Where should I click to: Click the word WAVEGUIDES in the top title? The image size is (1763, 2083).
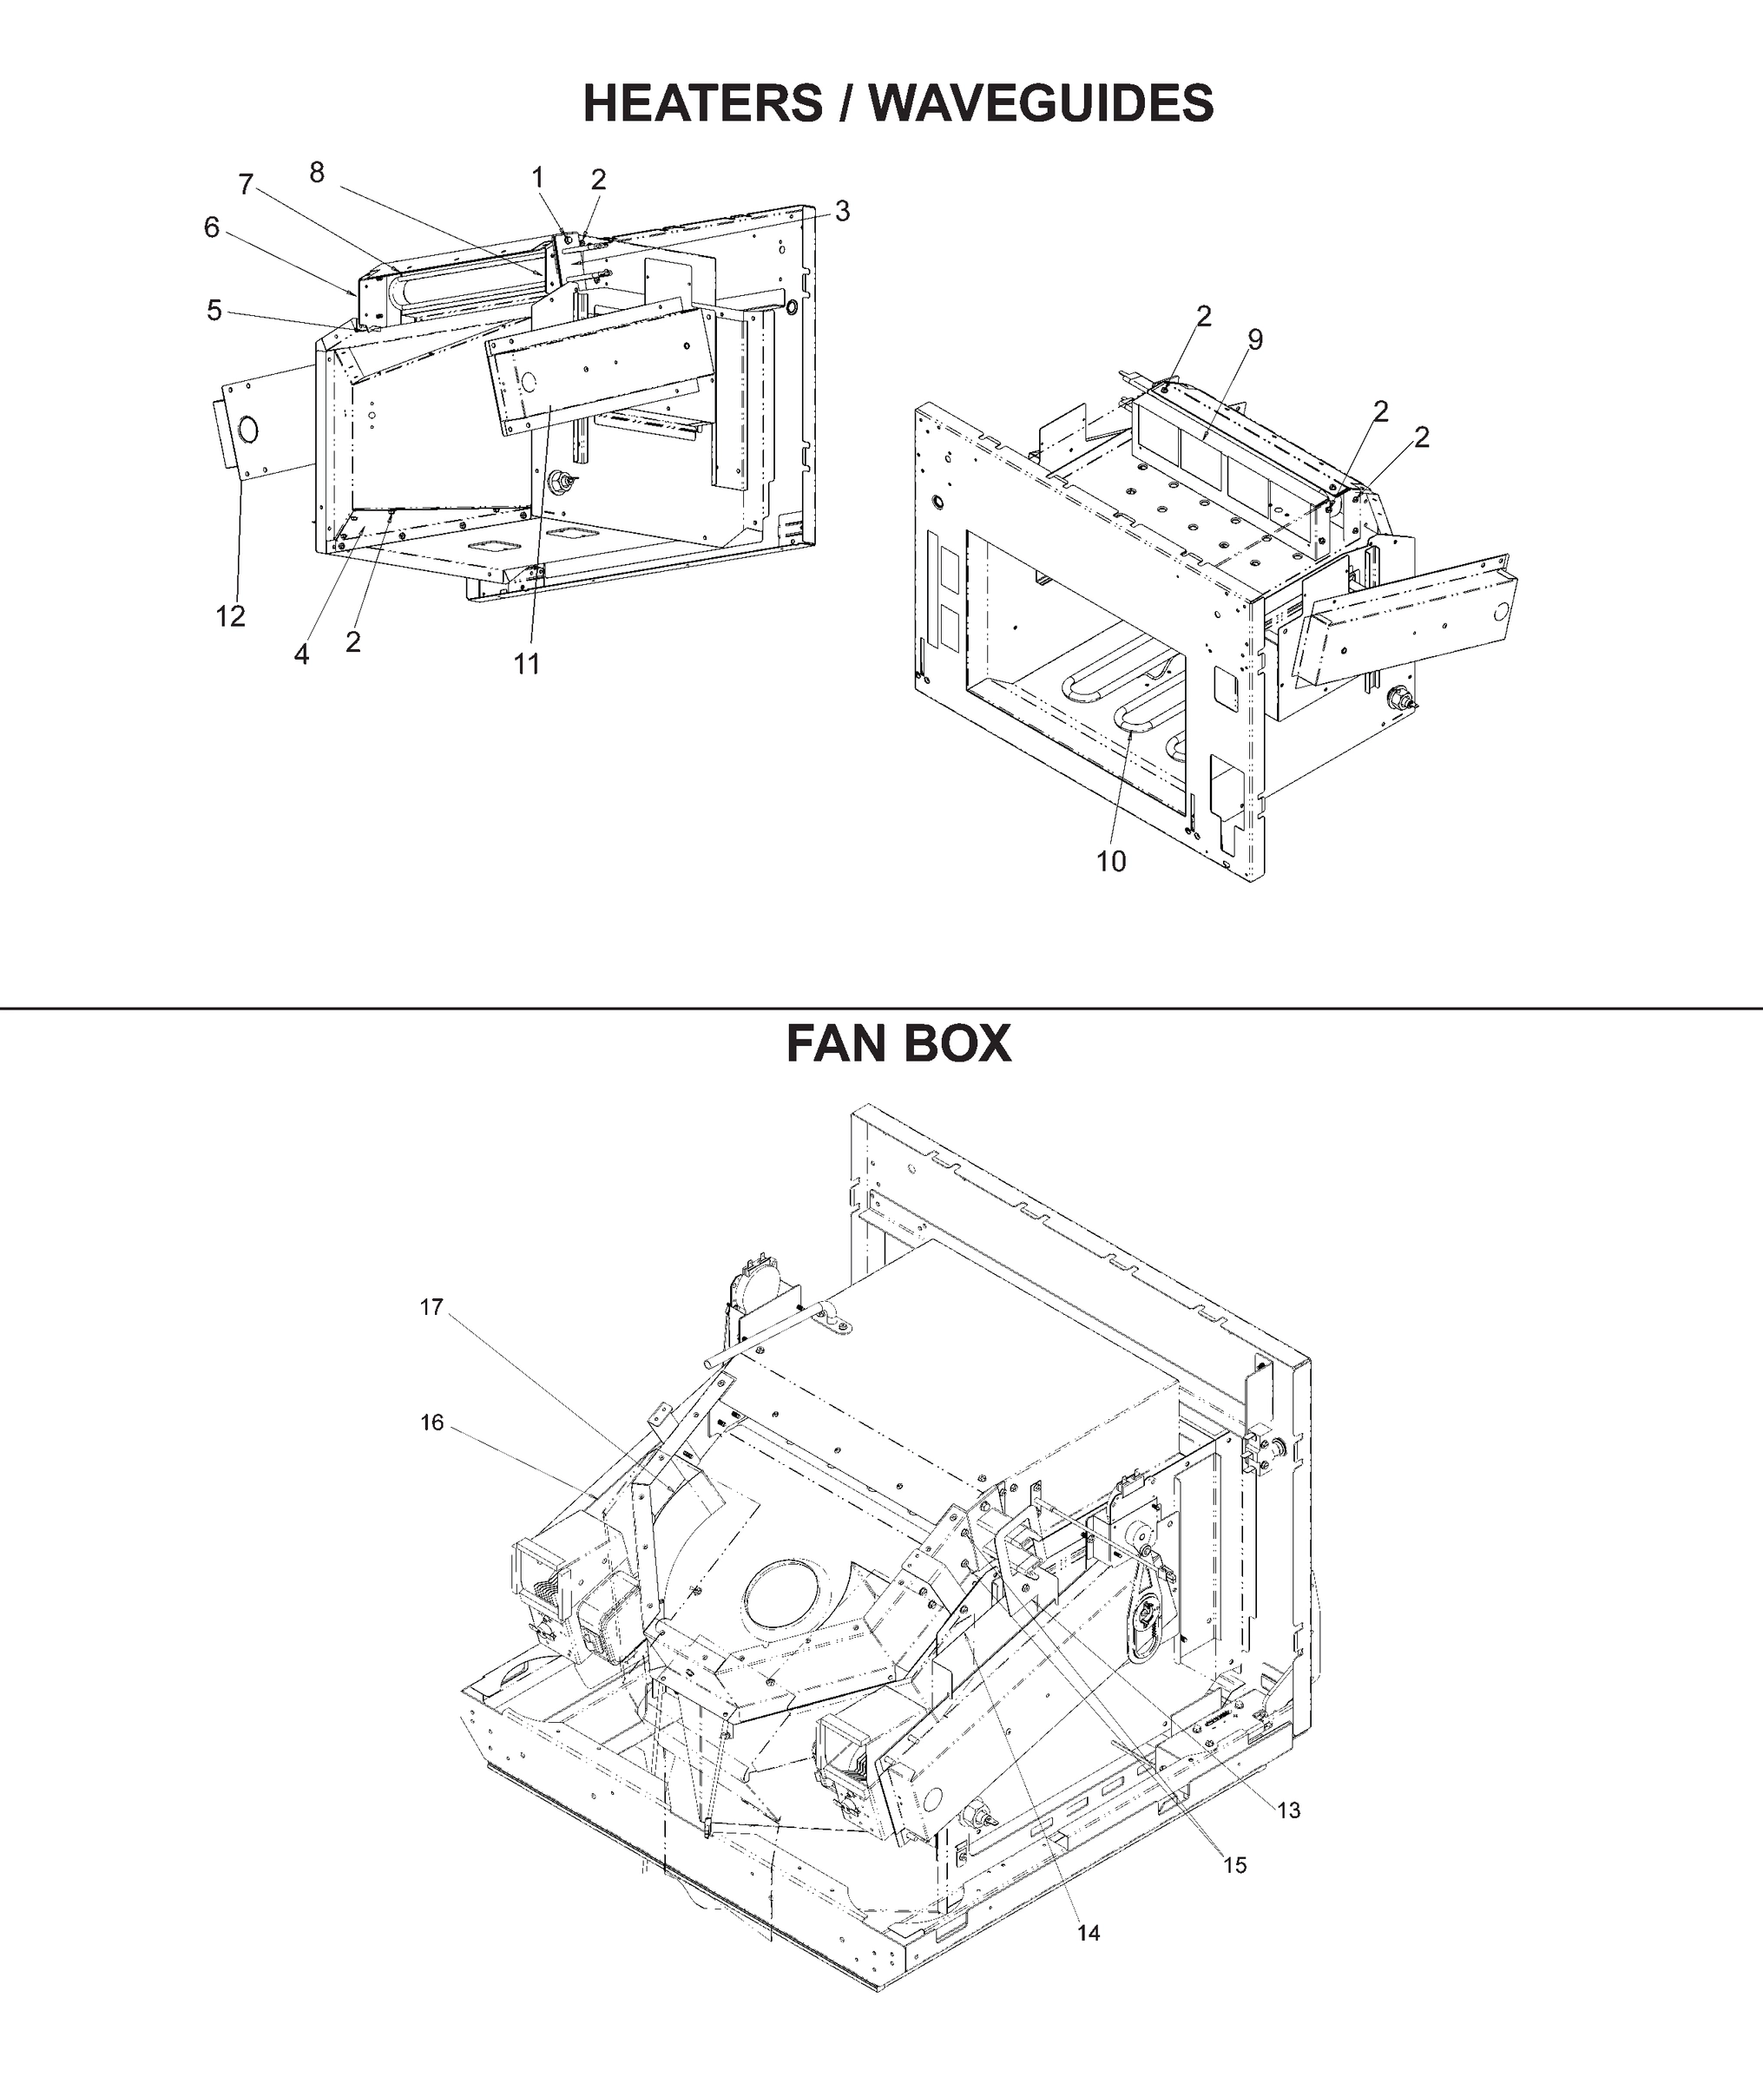click(x=1042, y=103)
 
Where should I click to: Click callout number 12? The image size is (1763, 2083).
click(x=230, y=616)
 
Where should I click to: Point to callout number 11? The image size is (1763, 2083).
click(x=527, y=663)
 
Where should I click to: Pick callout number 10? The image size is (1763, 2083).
click(x=1111, y=861)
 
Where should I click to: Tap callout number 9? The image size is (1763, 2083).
click(x=1255, y=339)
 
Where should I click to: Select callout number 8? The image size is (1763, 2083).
click(x=317, y=173)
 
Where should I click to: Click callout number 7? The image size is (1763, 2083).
click(x=246, y=185)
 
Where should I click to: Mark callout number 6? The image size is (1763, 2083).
click(x=212, y=227)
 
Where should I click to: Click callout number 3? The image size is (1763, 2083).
click(x=843, y=211)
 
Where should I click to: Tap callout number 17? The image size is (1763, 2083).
click(x=431, y=1308)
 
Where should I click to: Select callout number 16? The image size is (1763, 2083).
click(x=431, y=1423)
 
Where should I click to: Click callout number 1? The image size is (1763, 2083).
click(x=537, y=178)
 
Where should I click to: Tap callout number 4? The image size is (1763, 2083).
click(x=302, y=654)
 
